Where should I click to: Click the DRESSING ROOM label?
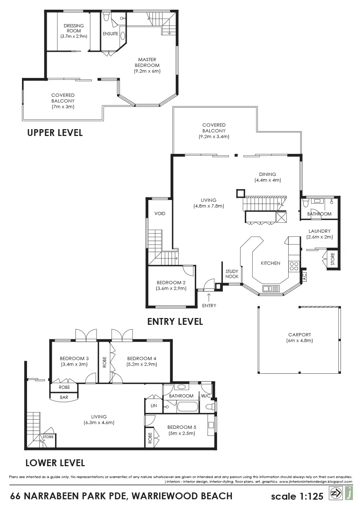click(74, 28)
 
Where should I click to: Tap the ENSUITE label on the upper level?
click(111, 33)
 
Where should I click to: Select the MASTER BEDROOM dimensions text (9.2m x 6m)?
click(147, 71)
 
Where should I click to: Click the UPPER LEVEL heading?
click(55, 133)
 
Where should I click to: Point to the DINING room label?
click(267, 174)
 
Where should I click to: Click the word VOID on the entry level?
click(159, 214)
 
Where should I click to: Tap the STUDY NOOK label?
click(232, 274)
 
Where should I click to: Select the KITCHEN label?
click(270, 263)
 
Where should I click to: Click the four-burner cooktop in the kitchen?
click(294, 266)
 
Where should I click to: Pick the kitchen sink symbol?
click(271, 288)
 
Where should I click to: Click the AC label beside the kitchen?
click(304, 277)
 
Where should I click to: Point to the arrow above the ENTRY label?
click(209, 297)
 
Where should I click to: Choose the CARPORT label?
click(300, 335)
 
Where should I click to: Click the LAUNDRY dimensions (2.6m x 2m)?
click(319, 237)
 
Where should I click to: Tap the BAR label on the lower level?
click(64, 397)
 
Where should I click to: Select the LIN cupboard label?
click(154, 406)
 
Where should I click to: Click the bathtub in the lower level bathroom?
click(188, 407)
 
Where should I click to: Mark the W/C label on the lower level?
click(206, 396)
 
